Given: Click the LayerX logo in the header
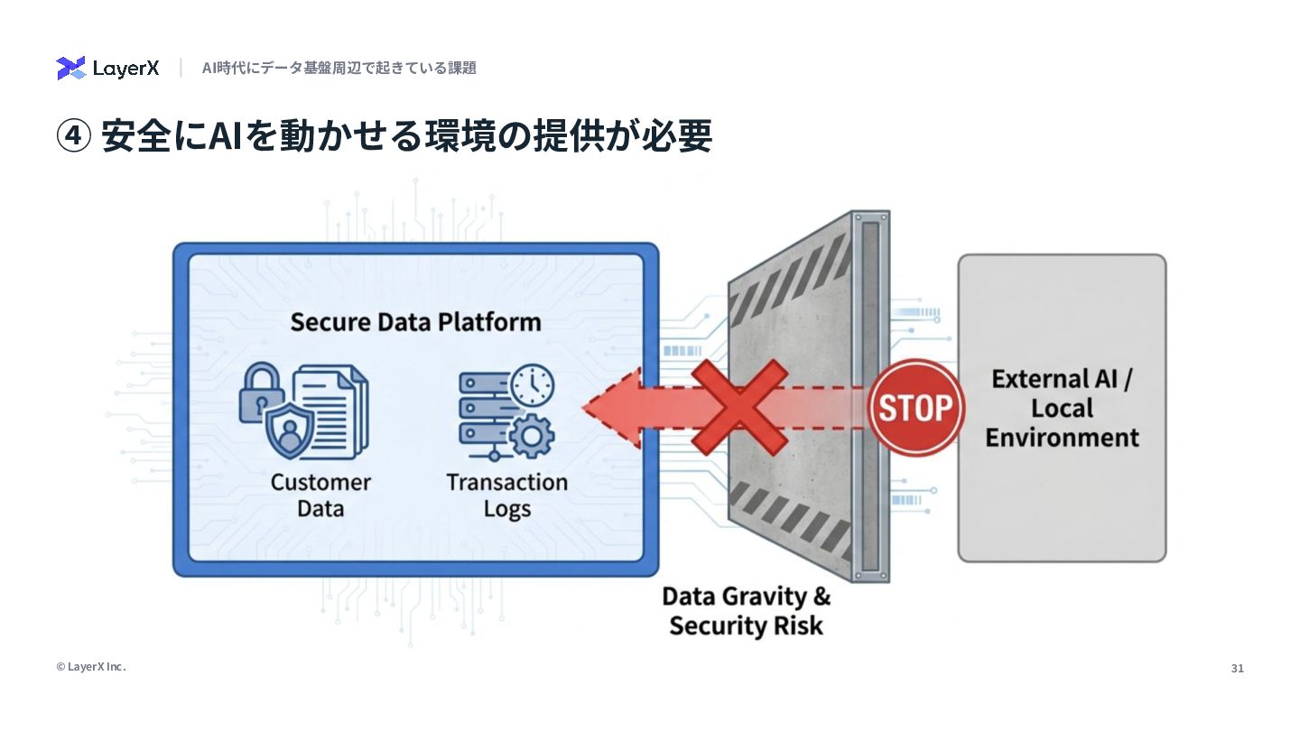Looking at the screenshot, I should pos(107,68).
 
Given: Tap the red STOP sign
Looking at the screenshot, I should pos(915,408).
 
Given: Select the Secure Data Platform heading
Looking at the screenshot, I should pos(415,322).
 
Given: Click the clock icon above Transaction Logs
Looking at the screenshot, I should pos(533,384).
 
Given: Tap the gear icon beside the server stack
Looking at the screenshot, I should pos(531,437).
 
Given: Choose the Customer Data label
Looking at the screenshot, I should pos(320,495).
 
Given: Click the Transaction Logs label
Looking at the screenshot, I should pos(506,495).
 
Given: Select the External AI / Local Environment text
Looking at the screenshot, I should pos(1062,408).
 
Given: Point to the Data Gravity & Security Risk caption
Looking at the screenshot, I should pos(746,610).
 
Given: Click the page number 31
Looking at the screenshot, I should pos(1237,669).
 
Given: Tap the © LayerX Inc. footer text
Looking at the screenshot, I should pos(91,667).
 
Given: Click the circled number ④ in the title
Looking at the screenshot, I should pos(74,137).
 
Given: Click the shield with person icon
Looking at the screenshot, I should pos(291,430).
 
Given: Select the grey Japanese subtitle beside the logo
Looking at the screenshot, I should pos(339,68).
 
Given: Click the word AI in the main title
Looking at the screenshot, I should pos(225,137).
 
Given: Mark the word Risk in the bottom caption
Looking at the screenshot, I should pos(796,625).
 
